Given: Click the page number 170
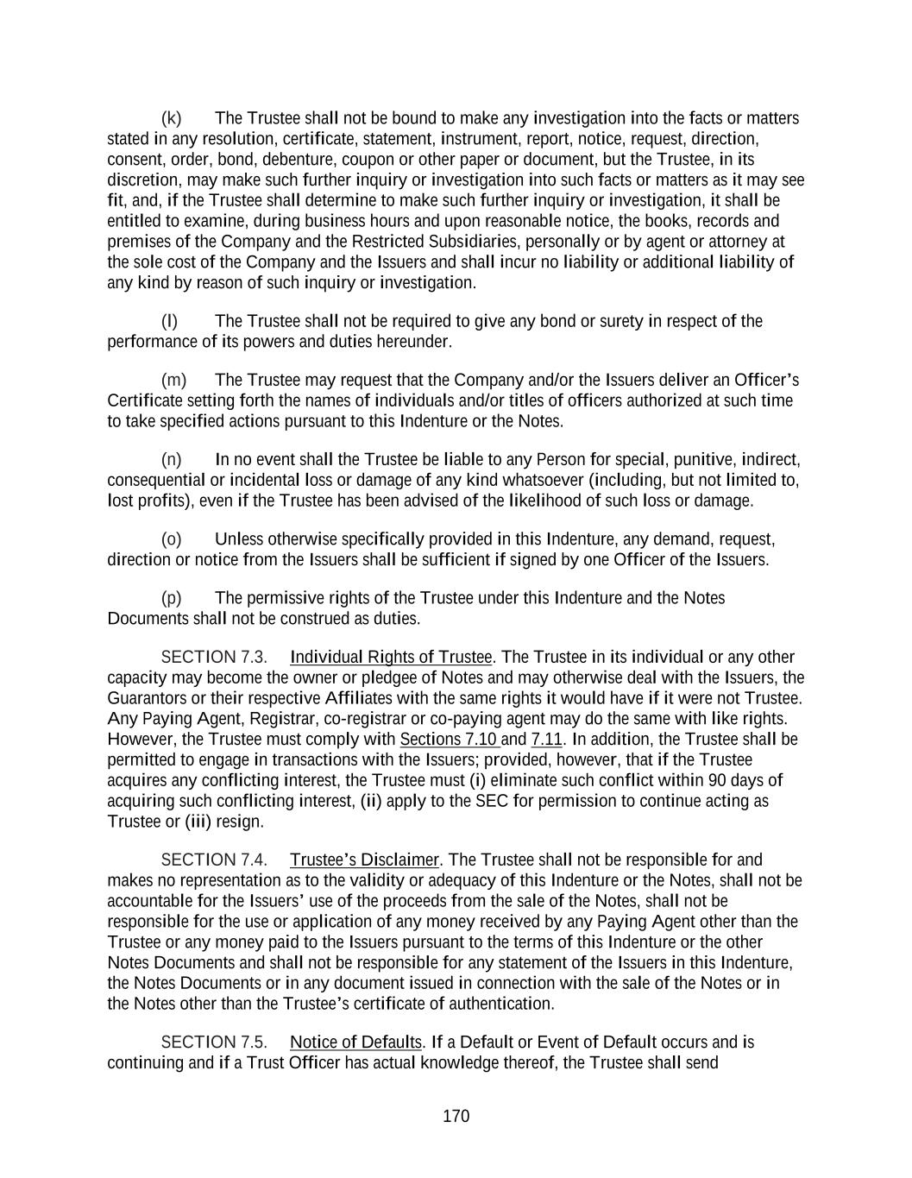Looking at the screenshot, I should tap(456, 1116).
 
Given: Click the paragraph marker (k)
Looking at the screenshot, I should tap(171, 118).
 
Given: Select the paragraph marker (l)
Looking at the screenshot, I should tap(169, 322).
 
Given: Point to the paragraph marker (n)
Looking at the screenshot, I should tap(171, 459).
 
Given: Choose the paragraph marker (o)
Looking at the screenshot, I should tap(171, 539).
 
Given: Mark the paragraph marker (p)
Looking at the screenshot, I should tap(171, 598).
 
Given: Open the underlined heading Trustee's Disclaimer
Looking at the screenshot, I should tap(364, 860).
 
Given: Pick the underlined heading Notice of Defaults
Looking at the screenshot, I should tap(355, 1042).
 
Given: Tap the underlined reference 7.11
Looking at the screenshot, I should tap(546, 740).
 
